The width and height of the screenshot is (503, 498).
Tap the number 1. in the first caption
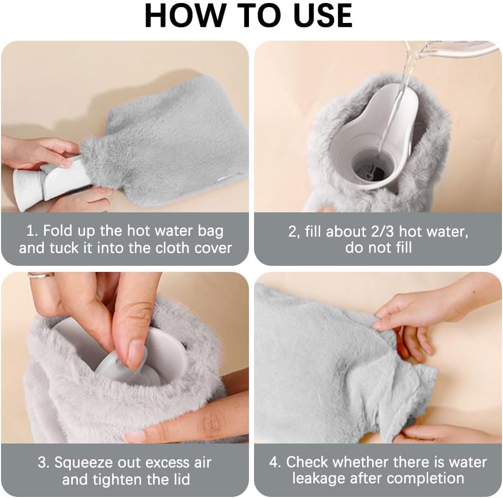32,231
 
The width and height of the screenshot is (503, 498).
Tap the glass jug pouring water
458,49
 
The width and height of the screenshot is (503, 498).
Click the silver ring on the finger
41,275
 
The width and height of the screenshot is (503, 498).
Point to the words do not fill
378,248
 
